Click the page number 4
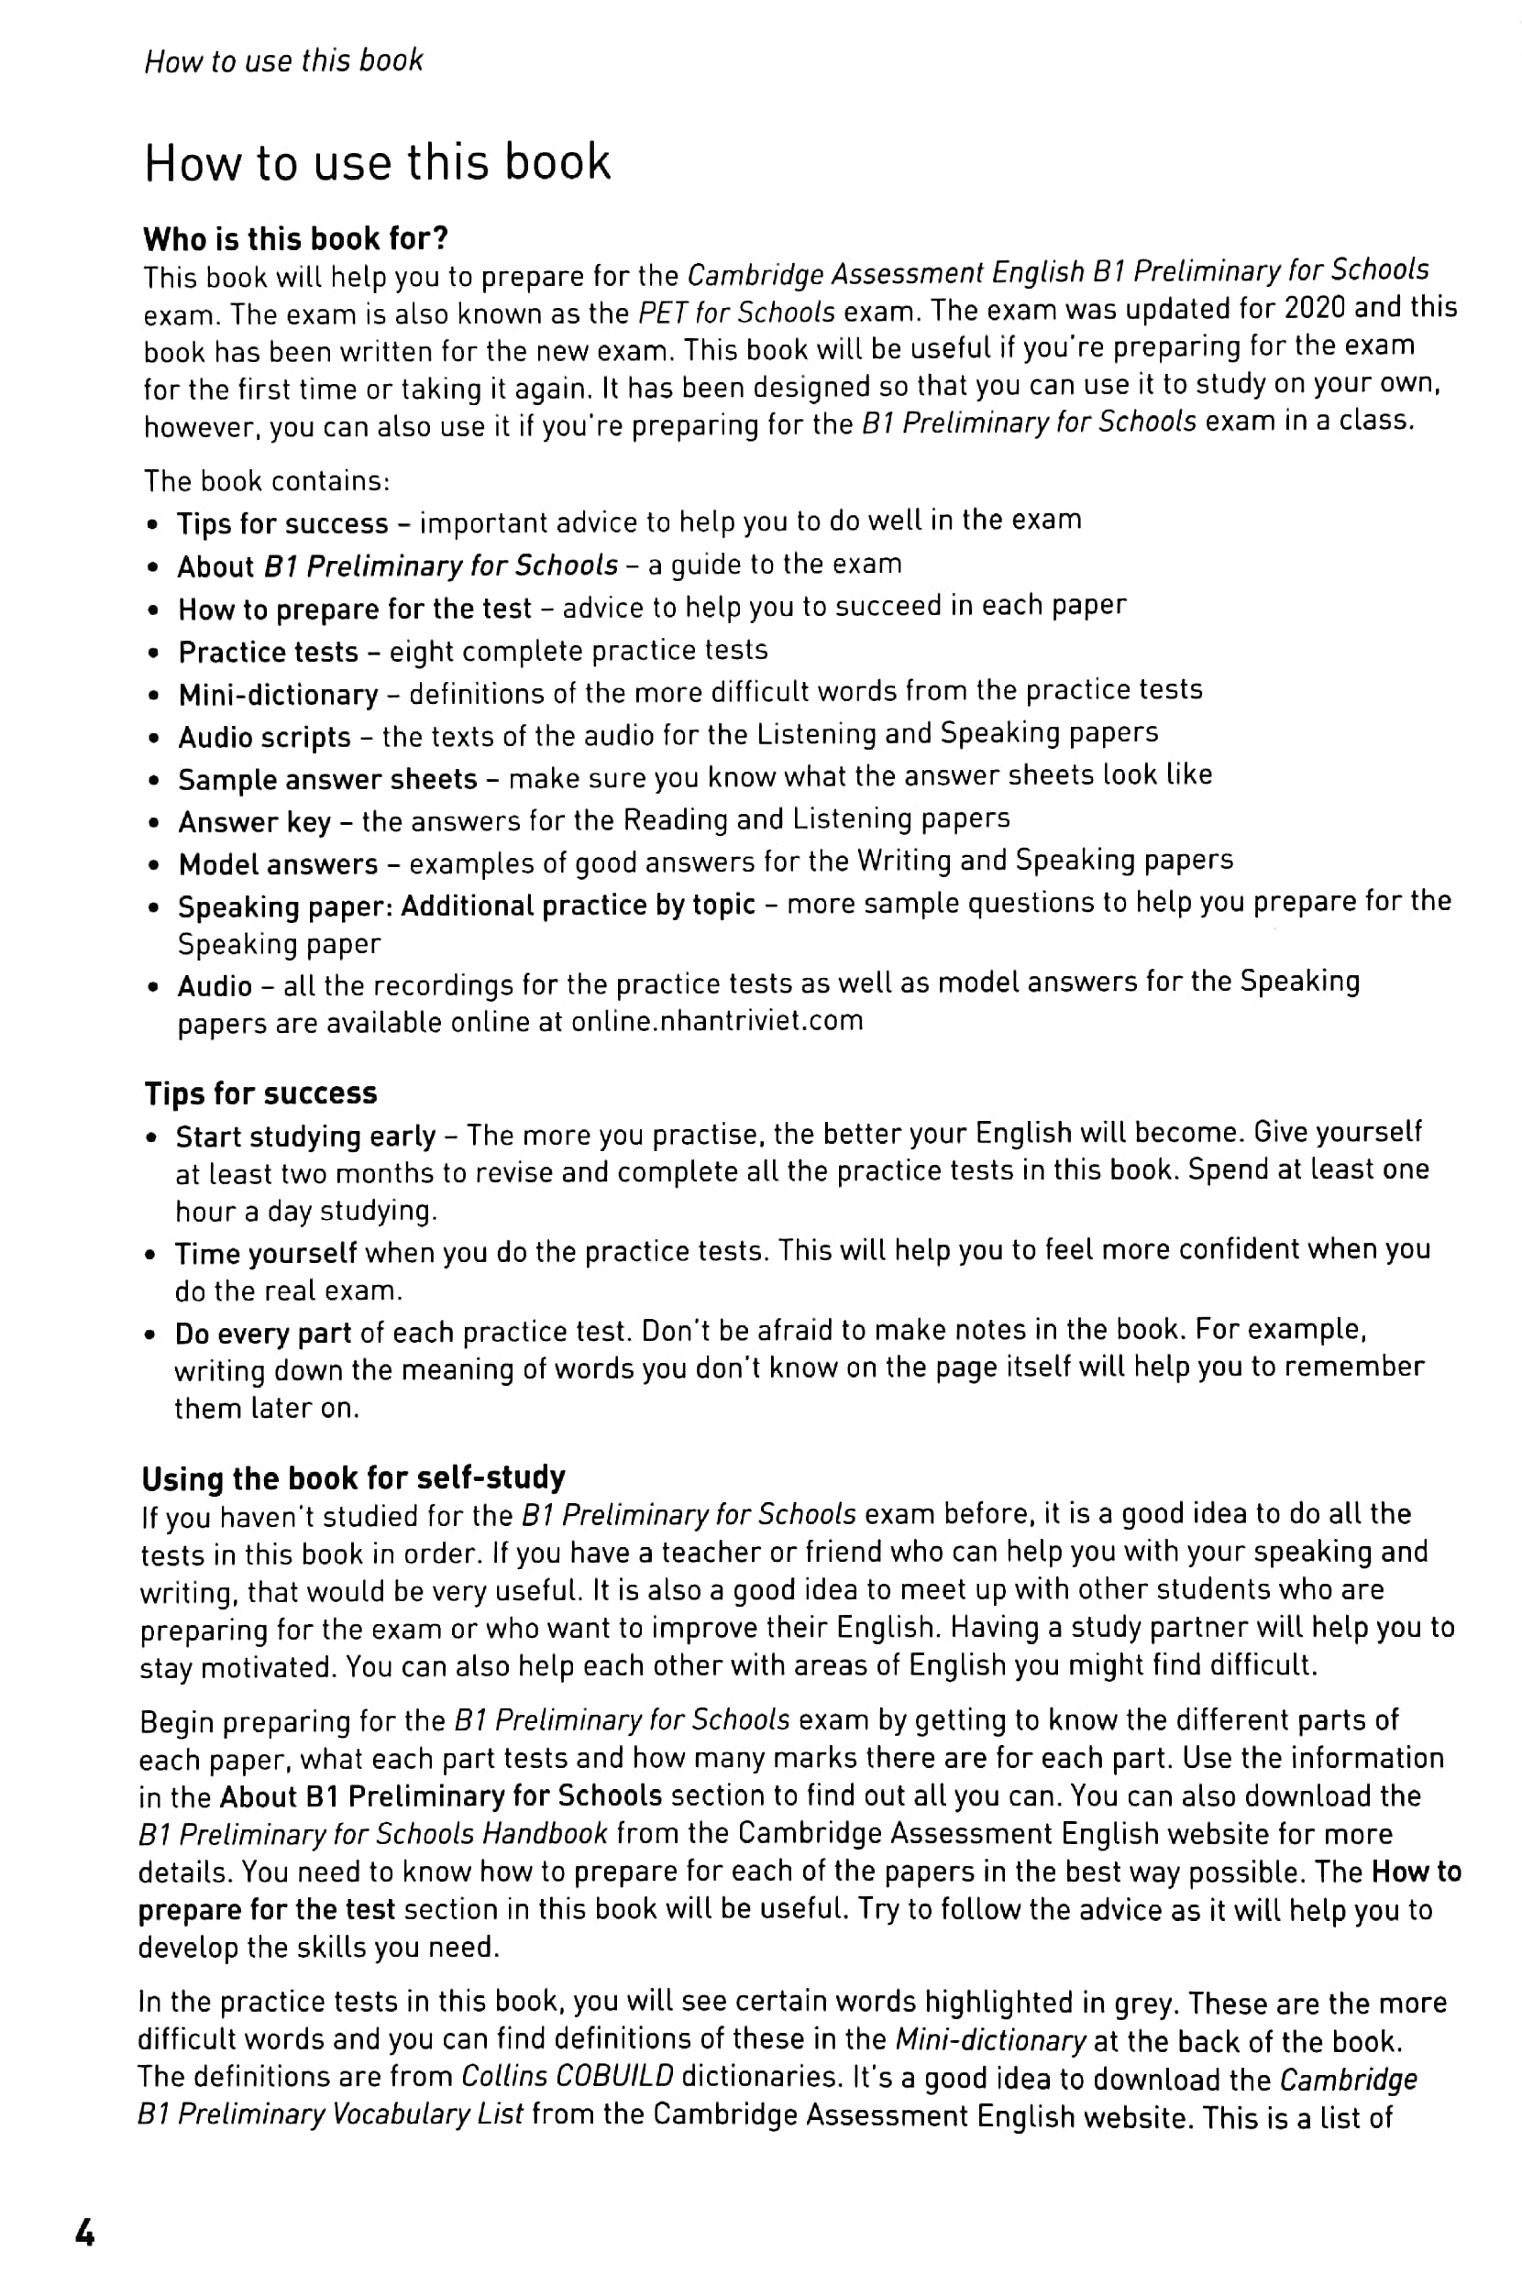[85, 2233]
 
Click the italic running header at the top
[283, 61]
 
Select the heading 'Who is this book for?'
[296, 238]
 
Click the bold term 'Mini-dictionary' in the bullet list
[278, 695]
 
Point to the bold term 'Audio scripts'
[264, 738]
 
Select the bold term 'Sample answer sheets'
[327, 779]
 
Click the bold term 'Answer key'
[254, 822]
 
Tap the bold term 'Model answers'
[278, 863]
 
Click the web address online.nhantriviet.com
[716, 1021]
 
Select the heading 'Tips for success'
[260, 1093]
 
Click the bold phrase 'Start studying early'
[304, 1136]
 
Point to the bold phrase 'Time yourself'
[265, 1253]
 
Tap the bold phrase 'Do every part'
[262, 1334]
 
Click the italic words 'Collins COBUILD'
[567, 2076]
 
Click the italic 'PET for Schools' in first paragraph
[735, 313]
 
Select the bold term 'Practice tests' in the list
[268, 652]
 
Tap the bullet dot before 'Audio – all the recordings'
[152, 988]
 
